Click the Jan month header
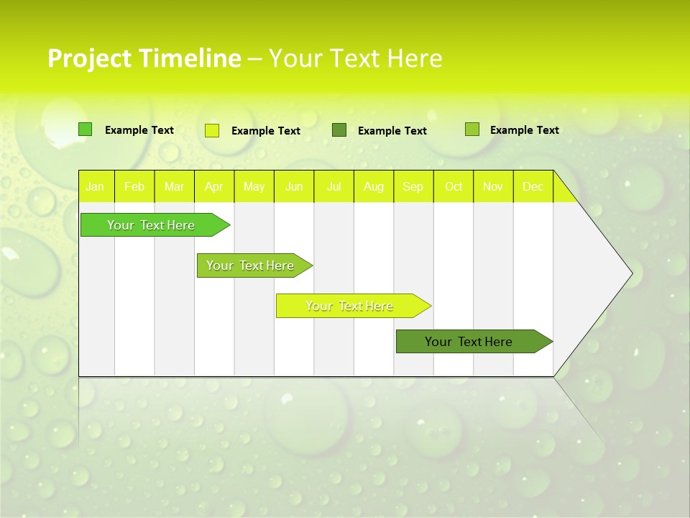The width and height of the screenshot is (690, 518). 95,186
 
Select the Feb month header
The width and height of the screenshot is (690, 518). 134,186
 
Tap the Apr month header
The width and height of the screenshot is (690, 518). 213,186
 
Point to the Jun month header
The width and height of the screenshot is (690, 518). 294,186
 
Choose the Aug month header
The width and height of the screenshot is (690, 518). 373,186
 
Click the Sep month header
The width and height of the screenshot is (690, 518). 413,186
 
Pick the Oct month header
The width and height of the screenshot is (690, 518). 454,186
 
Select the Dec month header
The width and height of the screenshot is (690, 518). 533,186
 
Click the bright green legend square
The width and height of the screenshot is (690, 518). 86,129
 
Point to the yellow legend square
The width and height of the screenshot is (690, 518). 212,130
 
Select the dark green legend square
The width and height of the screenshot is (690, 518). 339,130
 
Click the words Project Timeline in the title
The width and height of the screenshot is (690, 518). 144,58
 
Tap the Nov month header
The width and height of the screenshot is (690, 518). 493,186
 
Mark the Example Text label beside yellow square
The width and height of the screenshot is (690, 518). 266,131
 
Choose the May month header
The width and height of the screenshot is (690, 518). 254,186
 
